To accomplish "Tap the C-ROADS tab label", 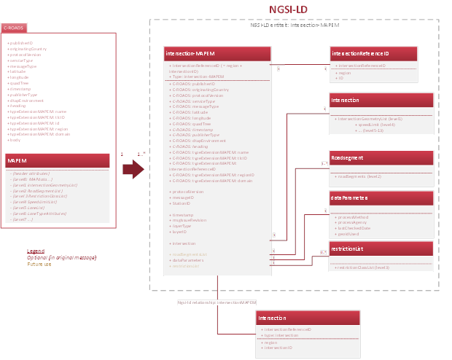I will (14, 28).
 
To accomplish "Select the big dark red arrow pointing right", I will (133, 169).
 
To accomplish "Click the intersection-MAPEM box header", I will (217, 54).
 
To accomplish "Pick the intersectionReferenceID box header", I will (374, 54).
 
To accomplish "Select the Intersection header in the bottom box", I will (308, 318).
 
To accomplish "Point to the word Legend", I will (36, 251).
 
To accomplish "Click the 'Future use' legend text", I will (39, 264).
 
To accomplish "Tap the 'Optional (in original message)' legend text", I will (62, 257).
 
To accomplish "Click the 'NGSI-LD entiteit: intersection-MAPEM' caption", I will (294, 25).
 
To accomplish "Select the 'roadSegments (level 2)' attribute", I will (359, 176).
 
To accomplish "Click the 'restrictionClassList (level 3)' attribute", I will (362, 267).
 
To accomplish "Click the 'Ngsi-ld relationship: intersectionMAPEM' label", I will (217, 300).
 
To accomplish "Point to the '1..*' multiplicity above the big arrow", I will (141, 153).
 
